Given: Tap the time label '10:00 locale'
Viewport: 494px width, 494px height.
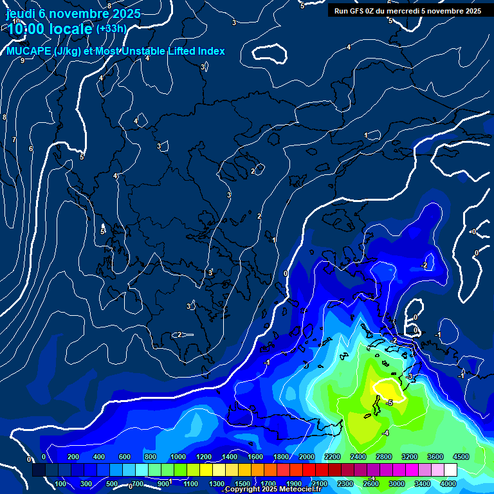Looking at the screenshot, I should pyautogui.click(x=50, y=29).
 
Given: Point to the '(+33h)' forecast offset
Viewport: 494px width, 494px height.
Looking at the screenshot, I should pyautogui.click(x=111, y=29).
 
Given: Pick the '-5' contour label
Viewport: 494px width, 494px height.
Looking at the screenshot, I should pyautogui.click(x=389, y=402).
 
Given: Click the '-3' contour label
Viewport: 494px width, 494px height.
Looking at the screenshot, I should pyautogui.click(x=410, y=376).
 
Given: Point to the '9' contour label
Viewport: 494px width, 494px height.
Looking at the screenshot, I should pyautogui.click(x=23, y=60).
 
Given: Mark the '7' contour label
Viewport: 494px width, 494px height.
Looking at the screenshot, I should pyautogui.click(x=14, y=140).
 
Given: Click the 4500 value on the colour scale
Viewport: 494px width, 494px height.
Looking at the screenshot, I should pyautogui.click(x=461, y=457).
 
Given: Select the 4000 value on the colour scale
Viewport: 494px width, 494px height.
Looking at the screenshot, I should pyautogui.click(x=448, y=484).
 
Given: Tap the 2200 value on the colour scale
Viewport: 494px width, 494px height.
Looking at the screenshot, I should pyautogui.click(x=333, y=457).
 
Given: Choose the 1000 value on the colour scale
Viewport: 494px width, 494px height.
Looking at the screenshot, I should pyautogui.click(x=178, y=457).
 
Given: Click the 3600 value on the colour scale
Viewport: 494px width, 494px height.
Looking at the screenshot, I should pyautogui.click(x=435, y=457).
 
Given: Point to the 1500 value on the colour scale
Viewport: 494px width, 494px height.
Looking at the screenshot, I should pyautogui.click(x=242, y=484).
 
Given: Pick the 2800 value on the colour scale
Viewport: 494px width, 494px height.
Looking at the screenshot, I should pyautogui.click(x=384, y=457).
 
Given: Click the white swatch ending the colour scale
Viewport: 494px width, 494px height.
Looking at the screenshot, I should pyautogui.click(x=451, y=470).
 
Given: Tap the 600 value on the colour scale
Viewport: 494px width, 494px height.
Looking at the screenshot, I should pyautogui.click(x=125, y=457).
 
